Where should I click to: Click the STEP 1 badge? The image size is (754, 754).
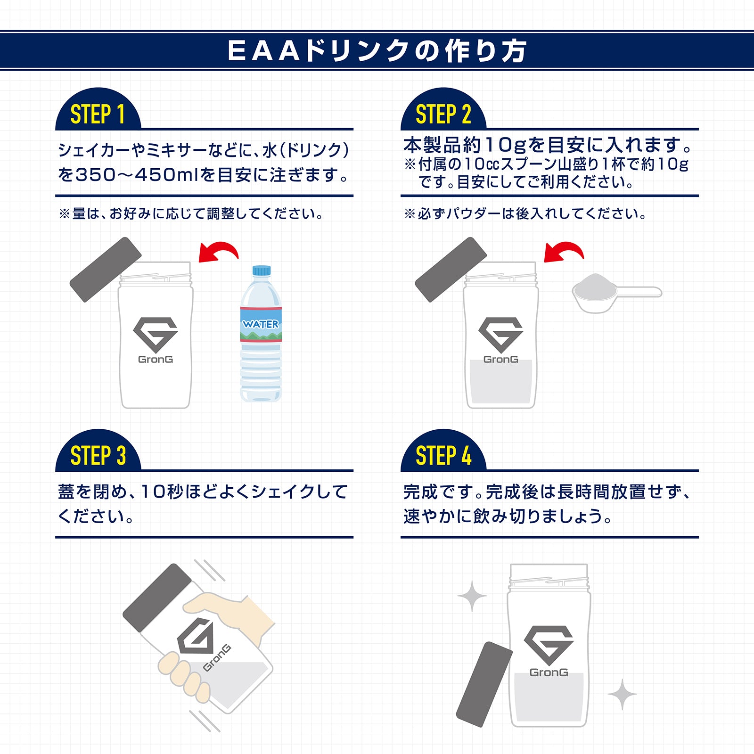(98, 114)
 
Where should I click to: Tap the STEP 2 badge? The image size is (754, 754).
(443, 114)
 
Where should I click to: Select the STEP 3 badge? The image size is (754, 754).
(98, 456)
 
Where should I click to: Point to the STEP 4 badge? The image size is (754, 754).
(443, 456)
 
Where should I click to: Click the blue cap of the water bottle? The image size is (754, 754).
(262, 270)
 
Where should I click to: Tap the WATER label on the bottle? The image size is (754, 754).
(261, 324)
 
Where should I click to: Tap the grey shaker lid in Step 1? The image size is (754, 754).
(106, 269)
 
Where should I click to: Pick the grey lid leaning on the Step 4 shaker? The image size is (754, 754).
(484, 684)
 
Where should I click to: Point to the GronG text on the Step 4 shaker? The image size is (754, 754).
(549, 672)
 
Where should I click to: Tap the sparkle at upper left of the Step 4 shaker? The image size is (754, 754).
(472, 596)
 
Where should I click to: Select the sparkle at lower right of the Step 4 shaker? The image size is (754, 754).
(622, 694)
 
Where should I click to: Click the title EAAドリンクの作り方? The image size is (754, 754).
(377, 50)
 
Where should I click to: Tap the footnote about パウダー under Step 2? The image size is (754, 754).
(525, 214)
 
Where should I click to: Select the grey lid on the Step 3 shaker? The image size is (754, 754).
(157, 598)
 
